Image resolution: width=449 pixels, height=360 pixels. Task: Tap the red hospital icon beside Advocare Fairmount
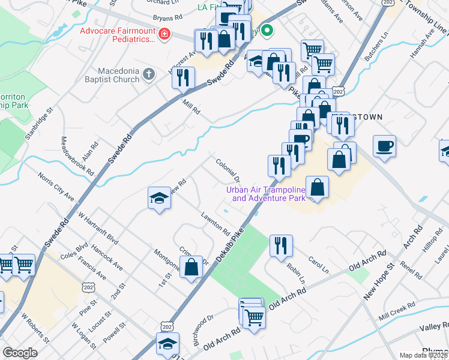point(164,35)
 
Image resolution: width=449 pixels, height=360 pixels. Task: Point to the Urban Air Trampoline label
point(265,194)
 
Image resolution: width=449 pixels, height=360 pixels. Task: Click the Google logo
point(20,353)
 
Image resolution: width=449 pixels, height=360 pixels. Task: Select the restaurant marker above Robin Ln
point(281,245)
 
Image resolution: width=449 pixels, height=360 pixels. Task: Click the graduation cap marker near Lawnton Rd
point(159,198)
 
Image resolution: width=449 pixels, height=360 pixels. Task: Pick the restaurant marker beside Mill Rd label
point(183,77)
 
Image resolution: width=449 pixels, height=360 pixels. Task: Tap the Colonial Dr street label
point(228,170)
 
